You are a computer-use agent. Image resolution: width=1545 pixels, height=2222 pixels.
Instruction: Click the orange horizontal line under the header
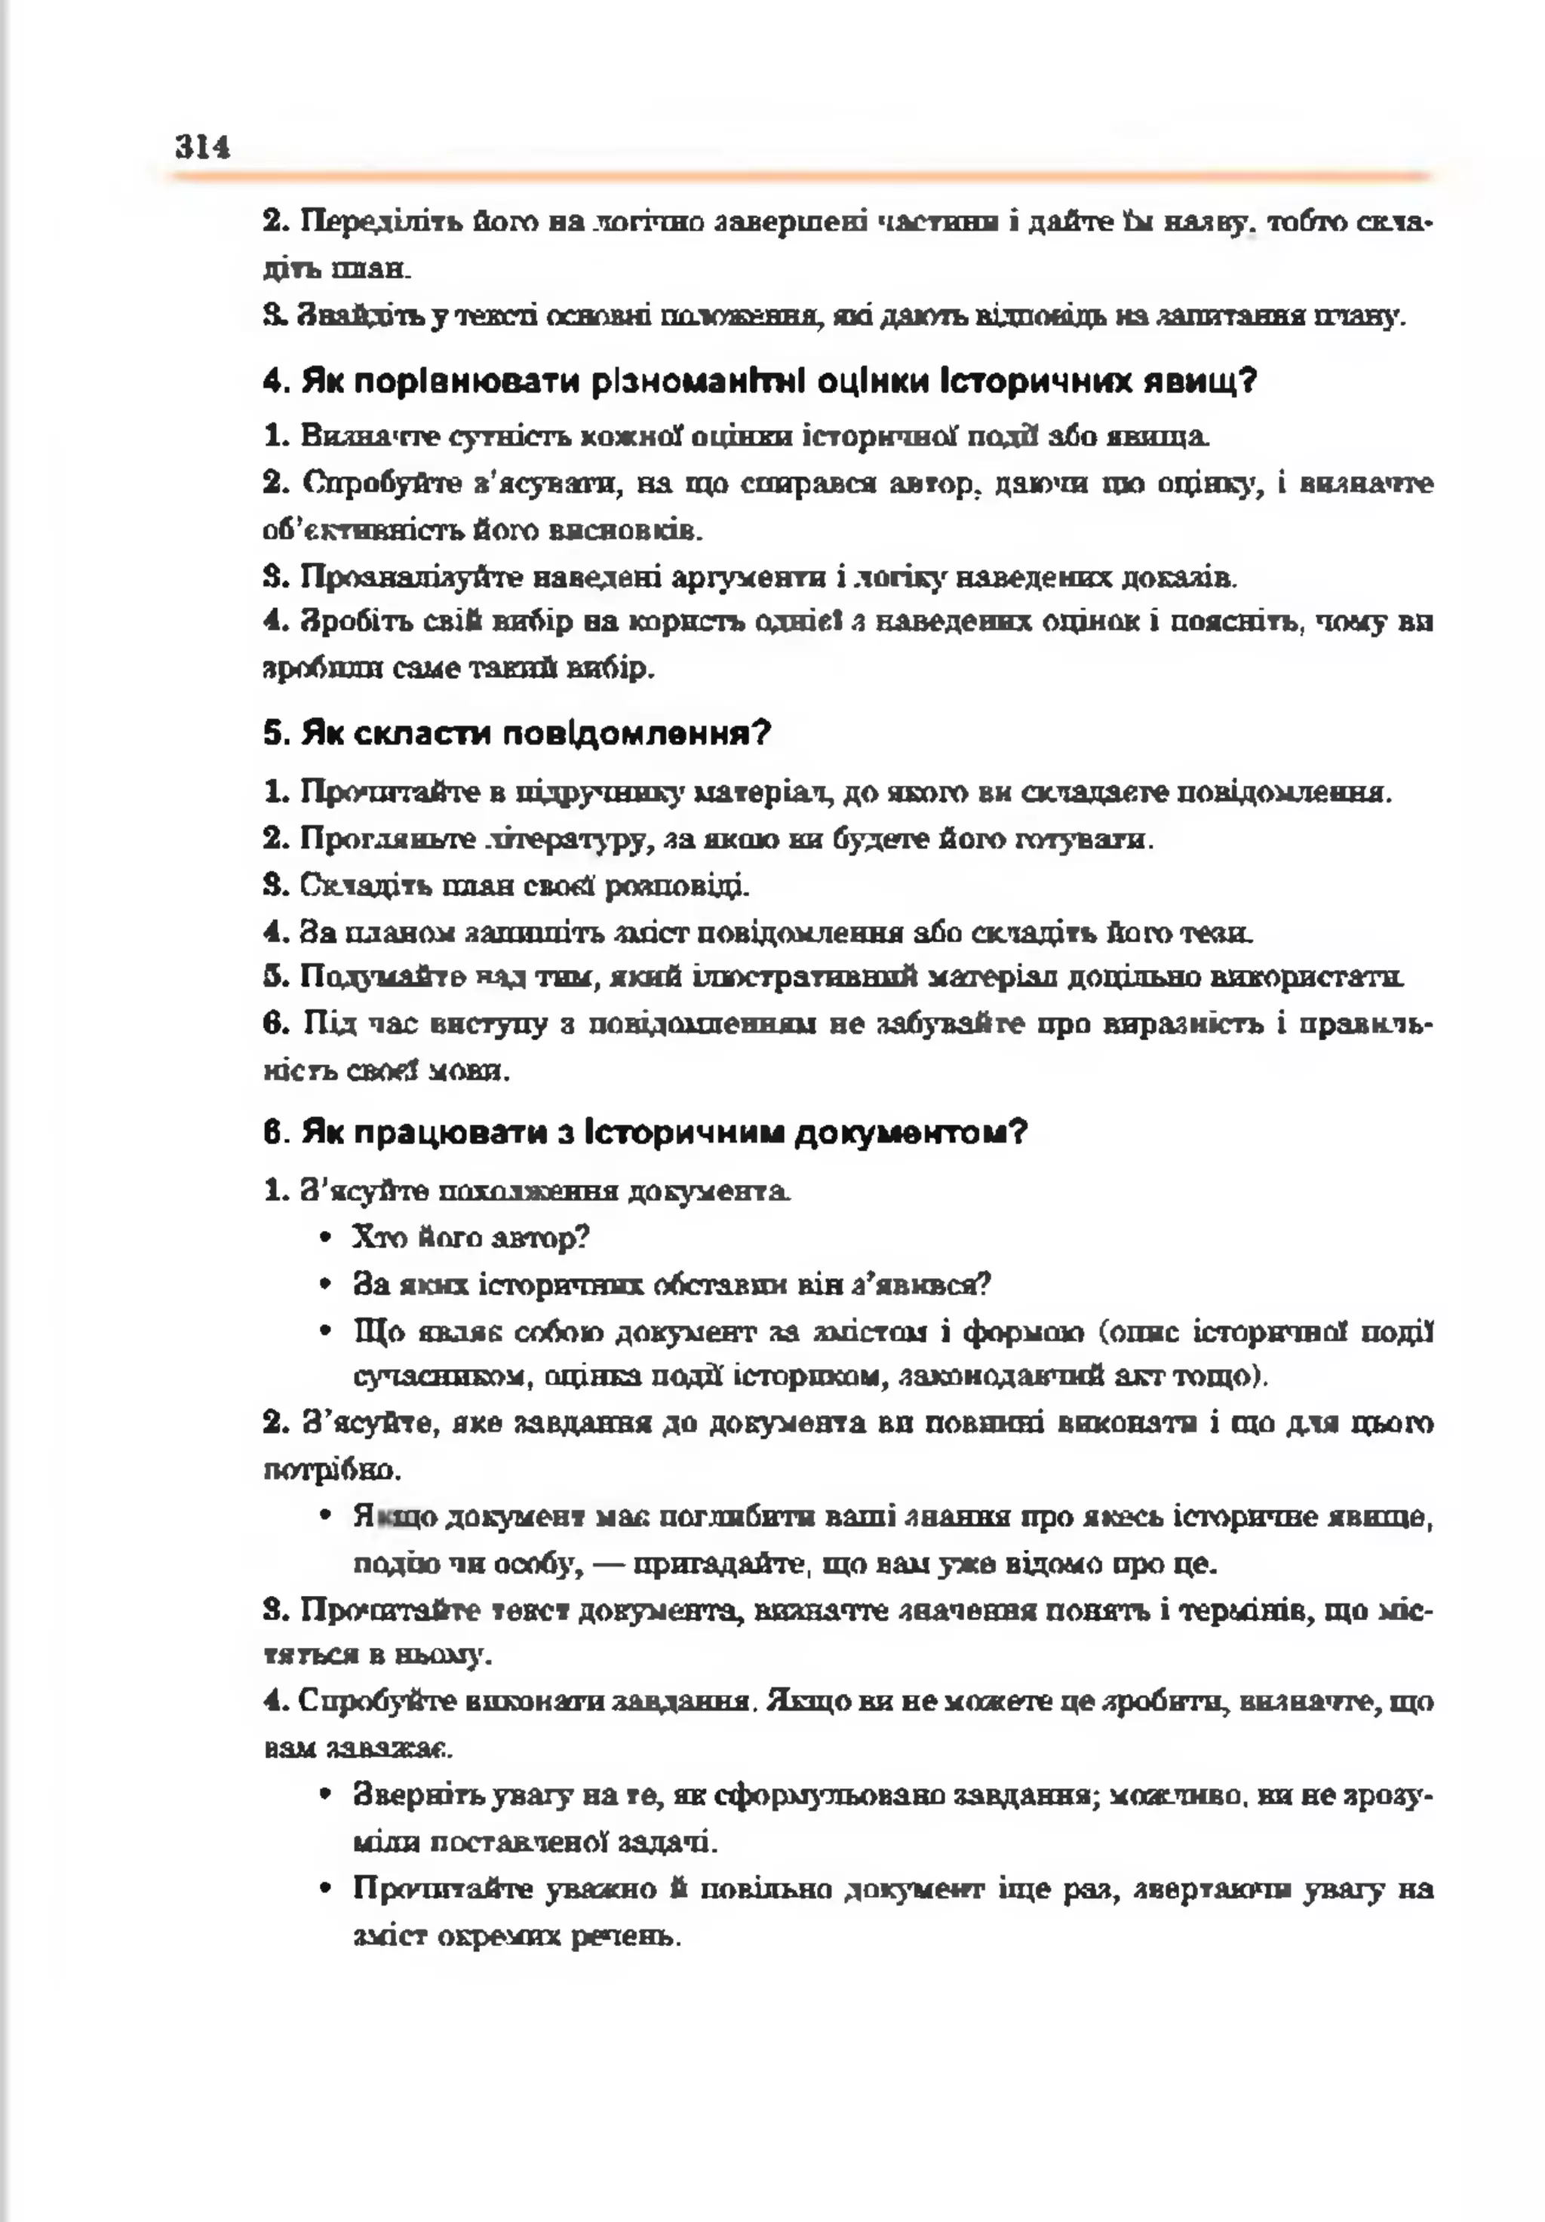click(x=800, y=177)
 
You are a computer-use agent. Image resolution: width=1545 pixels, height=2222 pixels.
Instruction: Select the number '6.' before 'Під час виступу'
click(x=275, y=1023)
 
